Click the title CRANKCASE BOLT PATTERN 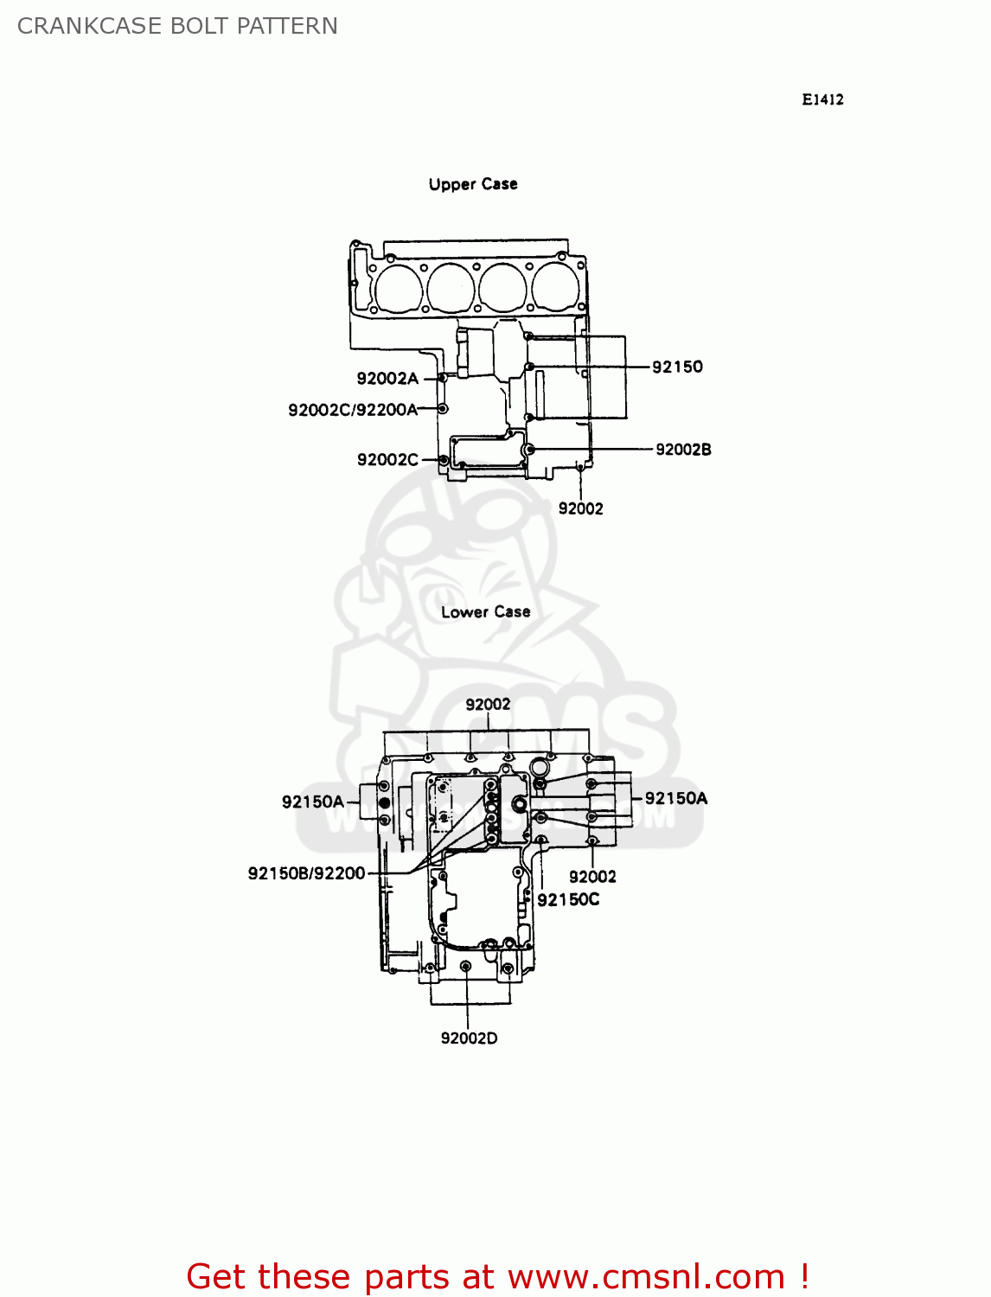(177, 26)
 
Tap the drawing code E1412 (822, 99)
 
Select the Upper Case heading (473, 184)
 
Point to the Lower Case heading (485, 612)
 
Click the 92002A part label (387, 379)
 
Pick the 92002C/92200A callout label (353, 410)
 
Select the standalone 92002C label (387, 460)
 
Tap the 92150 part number (677, 367)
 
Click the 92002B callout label (683, 450)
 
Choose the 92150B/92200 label (306, 873)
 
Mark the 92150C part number (568, 900)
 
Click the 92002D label (469, 1038)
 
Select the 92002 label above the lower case (488, 705)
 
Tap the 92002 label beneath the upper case (580, 508)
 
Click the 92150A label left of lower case (312, 802)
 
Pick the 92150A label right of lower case (675, 798)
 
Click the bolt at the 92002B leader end (530, 450)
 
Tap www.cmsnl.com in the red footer (645, 1276)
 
